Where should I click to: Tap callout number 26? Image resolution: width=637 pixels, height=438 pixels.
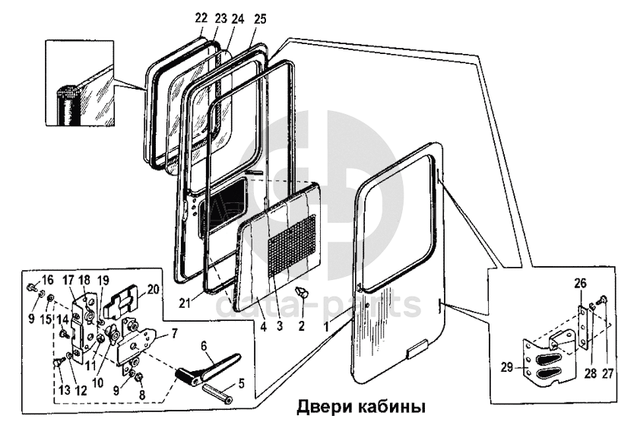[579, 284]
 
